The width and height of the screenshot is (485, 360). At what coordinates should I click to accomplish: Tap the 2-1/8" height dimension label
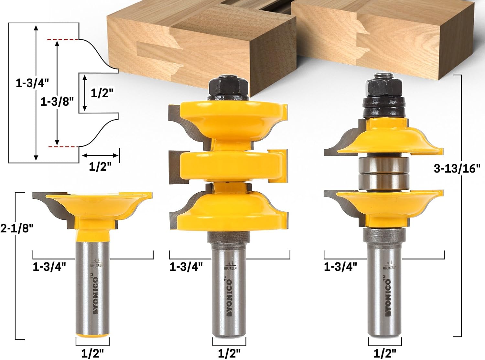coord(17,228)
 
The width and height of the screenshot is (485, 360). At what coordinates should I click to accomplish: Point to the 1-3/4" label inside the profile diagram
coord(32,84)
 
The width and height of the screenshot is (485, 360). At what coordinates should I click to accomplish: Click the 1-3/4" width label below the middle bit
coord(186,267)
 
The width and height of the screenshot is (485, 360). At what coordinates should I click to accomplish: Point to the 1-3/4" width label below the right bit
coord(340,267)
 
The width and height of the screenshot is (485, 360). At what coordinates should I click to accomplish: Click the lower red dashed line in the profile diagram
coord(63,147)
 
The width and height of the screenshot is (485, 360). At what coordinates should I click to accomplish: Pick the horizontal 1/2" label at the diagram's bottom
coord(100,167)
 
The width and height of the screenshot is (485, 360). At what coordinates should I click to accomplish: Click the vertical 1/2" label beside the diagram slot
coord(102,93)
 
